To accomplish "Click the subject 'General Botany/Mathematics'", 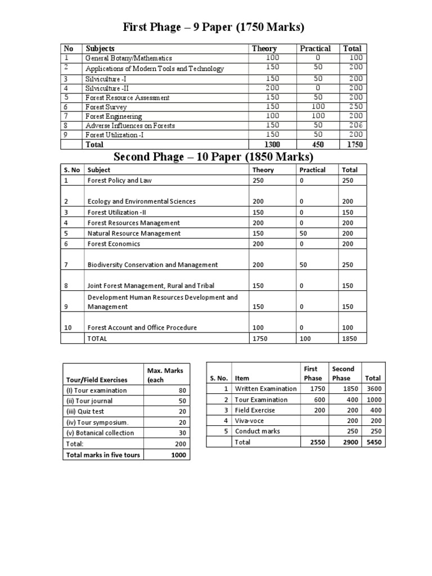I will click(128, 58).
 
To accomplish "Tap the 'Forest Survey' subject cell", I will click(106, 107).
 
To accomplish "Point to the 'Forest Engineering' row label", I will click(113, 116).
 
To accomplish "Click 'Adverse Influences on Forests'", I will click(130, 125).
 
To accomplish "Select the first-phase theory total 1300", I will click(272, 145).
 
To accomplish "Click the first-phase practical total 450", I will click(318, 145).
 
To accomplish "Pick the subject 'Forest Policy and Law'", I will click(119, 181).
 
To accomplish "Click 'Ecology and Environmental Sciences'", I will click(142, 201).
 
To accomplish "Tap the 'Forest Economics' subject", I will click(114, 244).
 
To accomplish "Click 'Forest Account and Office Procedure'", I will click(142, 327).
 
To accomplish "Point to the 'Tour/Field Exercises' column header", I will click(97, 380).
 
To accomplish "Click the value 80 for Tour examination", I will click(182, 390).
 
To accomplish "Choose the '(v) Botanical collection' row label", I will click(100, 433).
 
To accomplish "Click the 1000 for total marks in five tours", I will click(178, 454).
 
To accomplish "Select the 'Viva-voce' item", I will click(249, 421).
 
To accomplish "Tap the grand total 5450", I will click(371, 442).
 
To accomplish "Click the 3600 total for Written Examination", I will click(371, 389).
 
